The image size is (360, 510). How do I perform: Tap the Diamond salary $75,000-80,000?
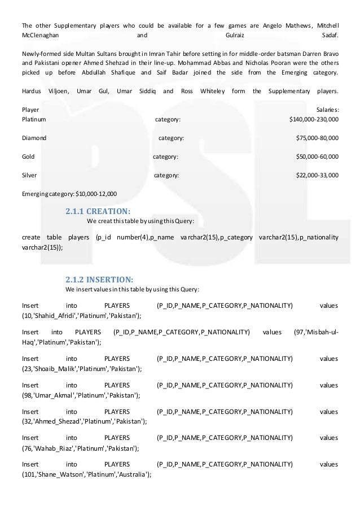tap(317, 138)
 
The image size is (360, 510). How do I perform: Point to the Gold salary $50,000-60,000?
tap(317, 156)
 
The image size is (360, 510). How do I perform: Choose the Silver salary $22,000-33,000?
tap(317, 175)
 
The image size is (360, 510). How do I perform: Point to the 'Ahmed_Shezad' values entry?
tap(57, 421)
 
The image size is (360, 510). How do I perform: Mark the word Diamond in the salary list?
tap(34, 138)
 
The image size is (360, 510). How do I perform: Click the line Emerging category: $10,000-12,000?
tap(69, 194)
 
